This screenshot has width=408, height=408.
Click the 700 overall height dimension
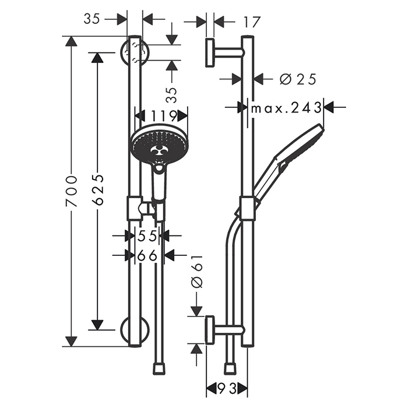tap(72, 191)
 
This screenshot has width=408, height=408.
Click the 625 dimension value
tap(98, 189)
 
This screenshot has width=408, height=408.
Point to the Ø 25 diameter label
tap(298, 79)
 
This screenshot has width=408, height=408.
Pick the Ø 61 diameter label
tap(197, 272)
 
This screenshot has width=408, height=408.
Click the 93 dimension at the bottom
tap(227, 389)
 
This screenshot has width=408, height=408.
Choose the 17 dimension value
tap(252, 22)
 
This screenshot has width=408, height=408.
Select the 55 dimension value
tap(147, 236)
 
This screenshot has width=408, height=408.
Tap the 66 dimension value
tap(147, 255)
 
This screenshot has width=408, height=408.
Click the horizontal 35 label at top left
tap(92, 19)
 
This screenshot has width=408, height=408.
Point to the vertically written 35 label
tap(171, 95)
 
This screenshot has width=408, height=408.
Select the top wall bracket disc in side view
tap(210, 52)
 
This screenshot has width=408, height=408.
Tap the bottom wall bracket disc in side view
tap(210, 330)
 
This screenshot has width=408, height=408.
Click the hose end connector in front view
tap(159, 368)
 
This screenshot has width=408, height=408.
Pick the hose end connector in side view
tap(230, 368)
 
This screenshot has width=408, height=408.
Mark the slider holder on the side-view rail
tap(247, 209)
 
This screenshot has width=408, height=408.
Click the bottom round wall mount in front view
tap(135, 330)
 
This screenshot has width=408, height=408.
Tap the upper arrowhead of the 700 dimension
tap(71, 41)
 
